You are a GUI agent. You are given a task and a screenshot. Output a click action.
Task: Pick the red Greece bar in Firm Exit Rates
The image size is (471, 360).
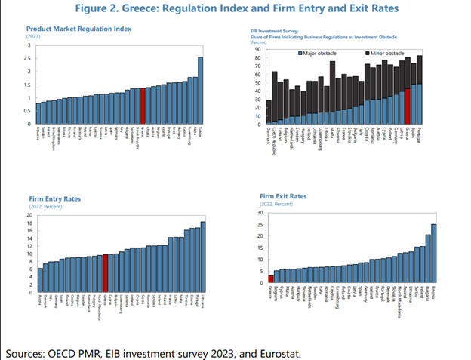point(271,278)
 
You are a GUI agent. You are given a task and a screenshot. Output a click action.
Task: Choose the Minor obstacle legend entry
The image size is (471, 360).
point(388,54)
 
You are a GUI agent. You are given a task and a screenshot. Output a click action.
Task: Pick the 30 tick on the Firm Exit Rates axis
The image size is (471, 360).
point(259,212)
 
